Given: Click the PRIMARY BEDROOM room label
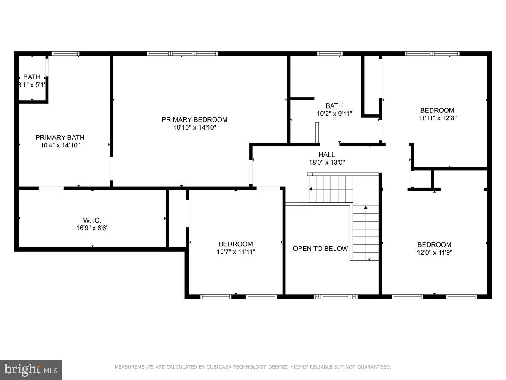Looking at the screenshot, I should tap(194, 120).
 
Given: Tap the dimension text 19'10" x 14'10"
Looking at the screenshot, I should tap(194, 128).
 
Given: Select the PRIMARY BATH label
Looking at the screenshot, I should tap(60, 138).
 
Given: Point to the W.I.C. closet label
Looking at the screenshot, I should tap(92, 220).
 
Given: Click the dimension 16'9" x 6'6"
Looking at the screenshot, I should tap(92, 228).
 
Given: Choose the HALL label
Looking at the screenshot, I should tap(327, 155).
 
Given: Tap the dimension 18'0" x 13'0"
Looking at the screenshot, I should tap(327, 163).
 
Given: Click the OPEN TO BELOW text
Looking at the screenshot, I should tap(320, 249).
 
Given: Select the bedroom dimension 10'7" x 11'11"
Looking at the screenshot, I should tap(236, 252).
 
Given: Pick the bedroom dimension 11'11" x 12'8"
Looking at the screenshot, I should tap(437, 118).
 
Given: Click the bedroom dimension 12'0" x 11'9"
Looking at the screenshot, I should tap(434, 252).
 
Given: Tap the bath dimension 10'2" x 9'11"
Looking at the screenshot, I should tap(334, 114).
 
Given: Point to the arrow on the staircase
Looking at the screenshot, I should tap(366, 208).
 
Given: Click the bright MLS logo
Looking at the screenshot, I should tap(31, 369).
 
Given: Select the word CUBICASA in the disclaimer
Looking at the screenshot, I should tap(222, 367).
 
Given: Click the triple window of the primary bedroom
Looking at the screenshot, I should tap(182, 54).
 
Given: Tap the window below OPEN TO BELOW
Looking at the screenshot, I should tap(336, 297).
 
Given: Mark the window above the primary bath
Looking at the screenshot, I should tap(65, 54).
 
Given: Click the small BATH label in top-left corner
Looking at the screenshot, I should tap(32, 77).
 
